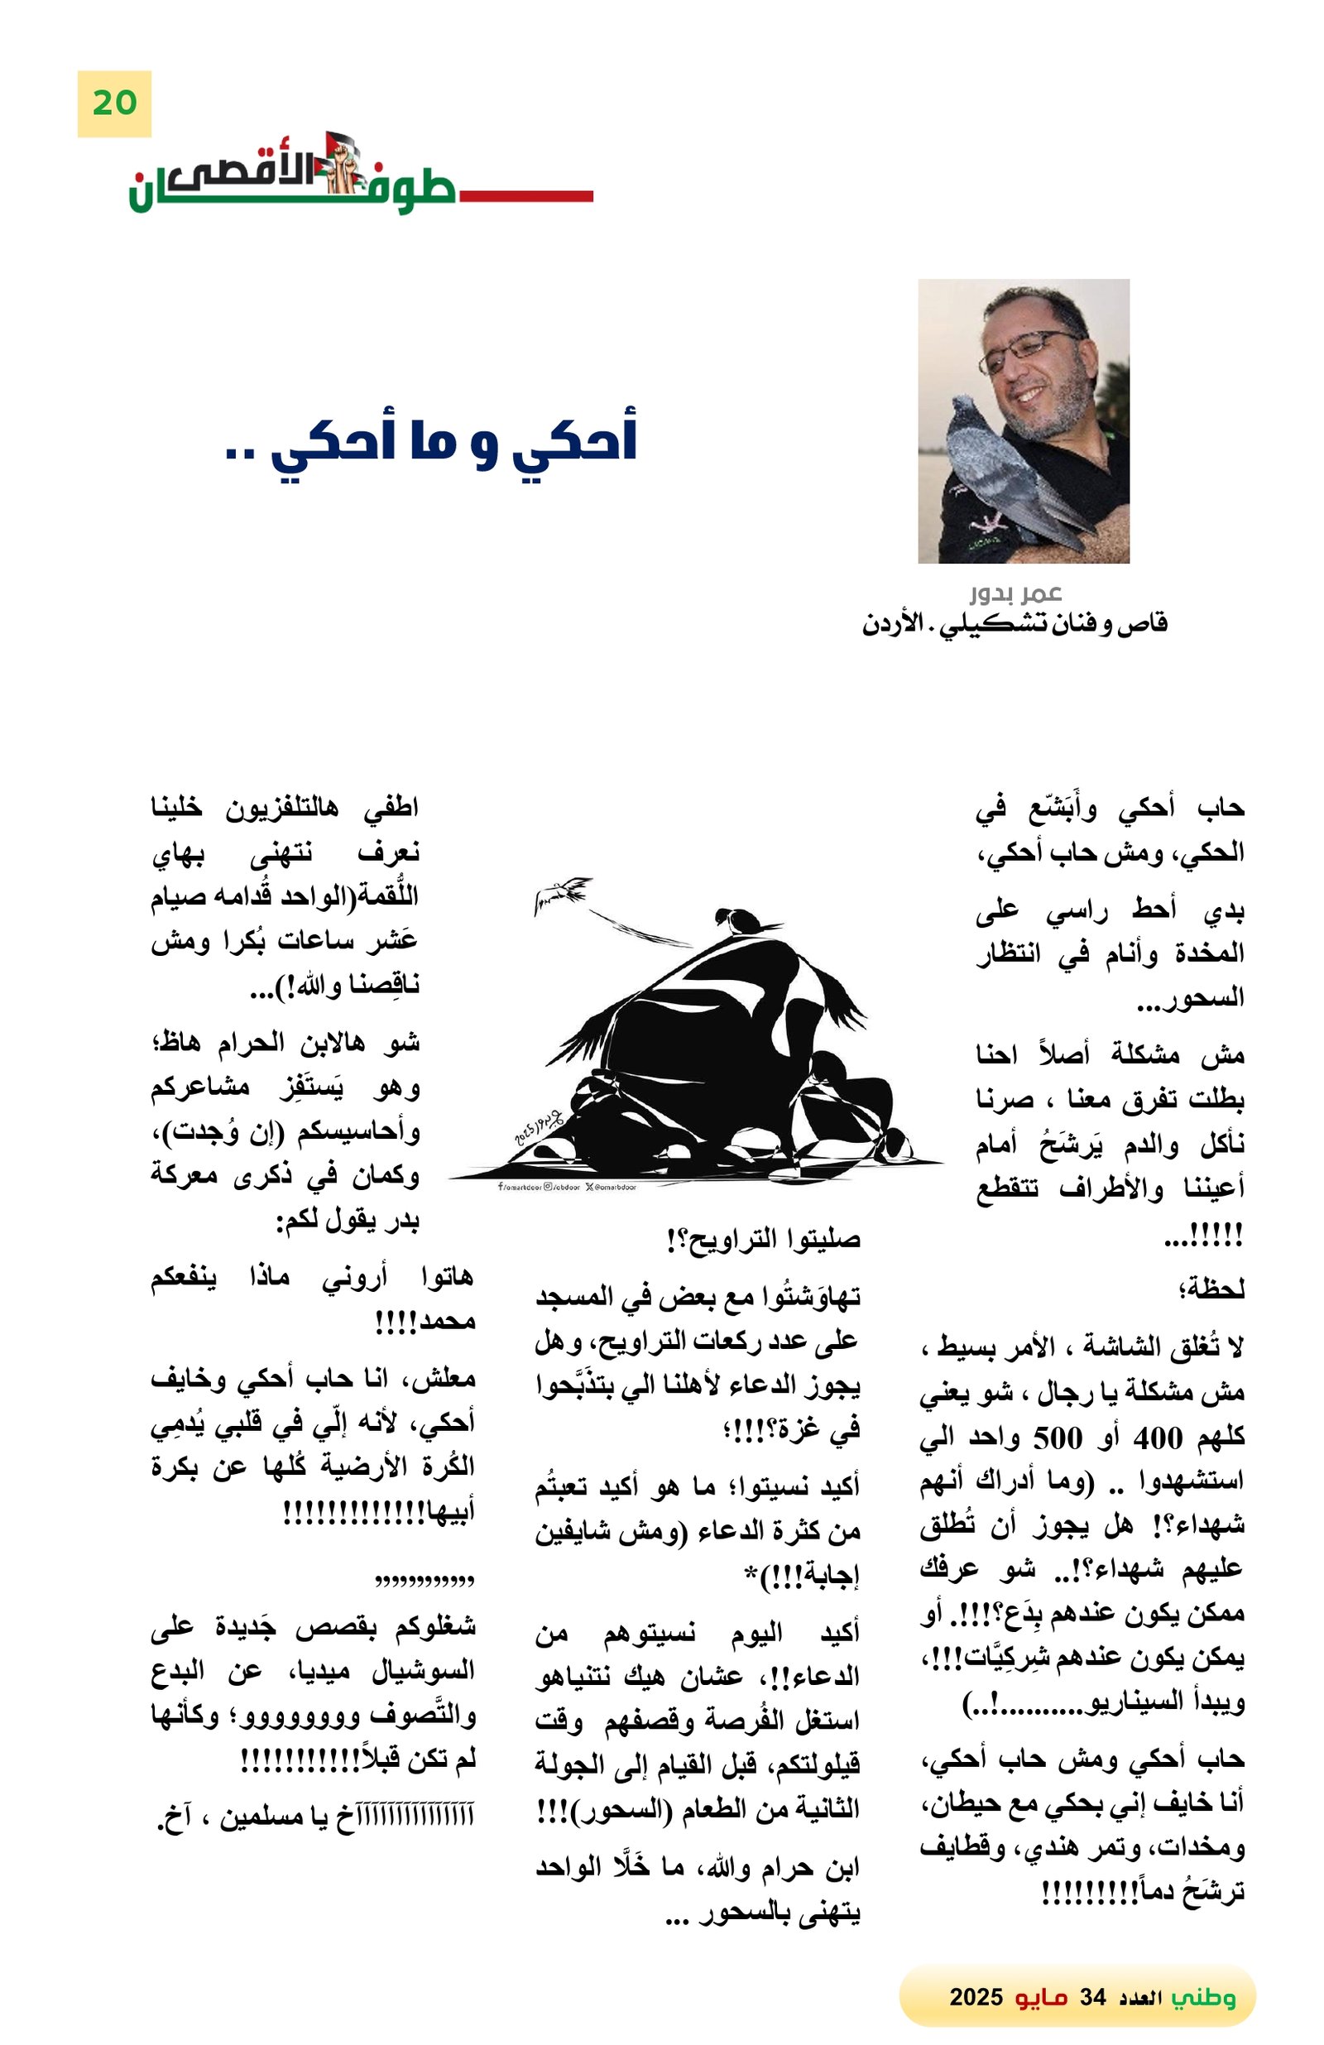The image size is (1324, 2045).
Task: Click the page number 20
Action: point(114,104)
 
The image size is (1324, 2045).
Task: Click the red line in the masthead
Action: point(525,196)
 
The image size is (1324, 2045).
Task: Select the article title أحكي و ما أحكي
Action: point(429,440)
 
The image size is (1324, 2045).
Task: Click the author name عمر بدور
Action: point(1015,593)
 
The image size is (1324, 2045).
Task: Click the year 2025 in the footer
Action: point(975,1997)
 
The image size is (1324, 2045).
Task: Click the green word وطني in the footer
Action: point(1203,1997)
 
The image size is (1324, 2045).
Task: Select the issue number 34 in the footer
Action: point(1092,1997)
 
